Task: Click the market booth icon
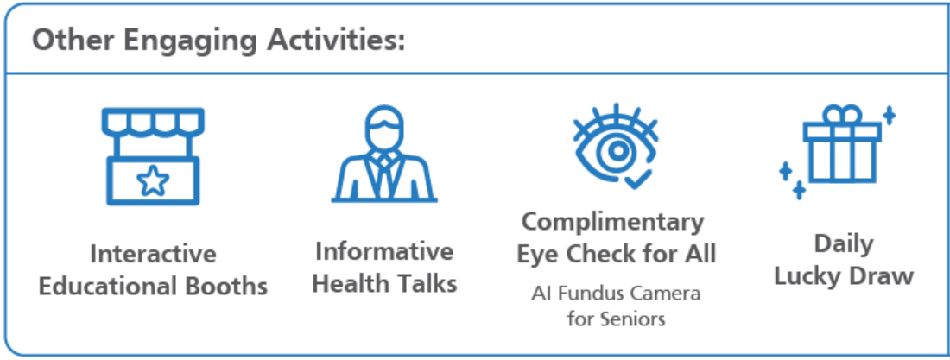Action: [153, 156]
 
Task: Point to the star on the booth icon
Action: [153, 180]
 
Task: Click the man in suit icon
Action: [384, 154]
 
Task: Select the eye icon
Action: [616, 146]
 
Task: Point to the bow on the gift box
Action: [842, 114]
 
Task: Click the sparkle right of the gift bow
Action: [889, 115]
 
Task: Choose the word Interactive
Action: [153, 254]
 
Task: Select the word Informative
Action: [384, 251]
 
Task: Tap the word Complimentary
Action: [613, 223]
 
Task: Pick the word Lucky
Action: [808, 276]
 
